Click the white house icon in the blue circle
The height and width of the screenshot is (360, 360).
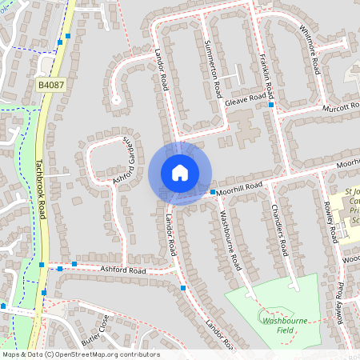[x=180, y=172]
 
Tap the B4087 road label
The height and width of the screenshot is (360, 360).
[x=51, y=83]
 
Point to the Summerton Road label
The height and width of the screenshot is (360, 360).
[x=212, y=67]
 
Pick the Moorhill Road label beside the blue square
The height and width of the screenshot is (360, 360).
[x=243, y=186]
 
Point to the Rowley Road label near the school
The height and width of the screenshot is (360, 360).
[x=329, y=222]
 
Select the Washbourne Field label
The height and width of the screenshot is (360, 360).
[x=285, y=326]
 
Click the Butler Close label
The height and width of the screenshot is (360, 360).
[x=97, y=332]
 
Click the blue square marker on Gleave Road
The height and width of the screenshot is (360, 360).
[x=272, y=105]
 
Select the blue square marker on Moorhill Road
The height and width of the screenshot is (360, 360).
[x=212, y=193]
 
